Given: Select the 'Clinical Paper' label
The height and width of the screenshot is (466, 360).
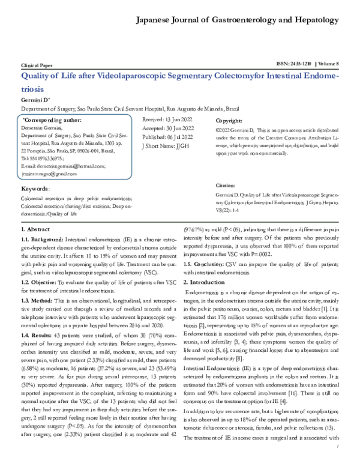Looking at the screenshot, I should [x=37, y=64].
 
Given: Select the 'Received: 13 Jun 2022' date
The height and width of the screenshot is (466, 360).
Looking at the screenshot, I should [x=168, y=120].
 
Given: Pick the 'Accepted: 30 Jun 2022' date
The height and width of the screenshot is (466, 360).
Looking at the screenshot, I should [x=168, y=129].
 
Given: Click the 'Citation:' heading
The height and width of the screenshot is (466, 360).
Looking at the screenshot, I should [x=226, y=187].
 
